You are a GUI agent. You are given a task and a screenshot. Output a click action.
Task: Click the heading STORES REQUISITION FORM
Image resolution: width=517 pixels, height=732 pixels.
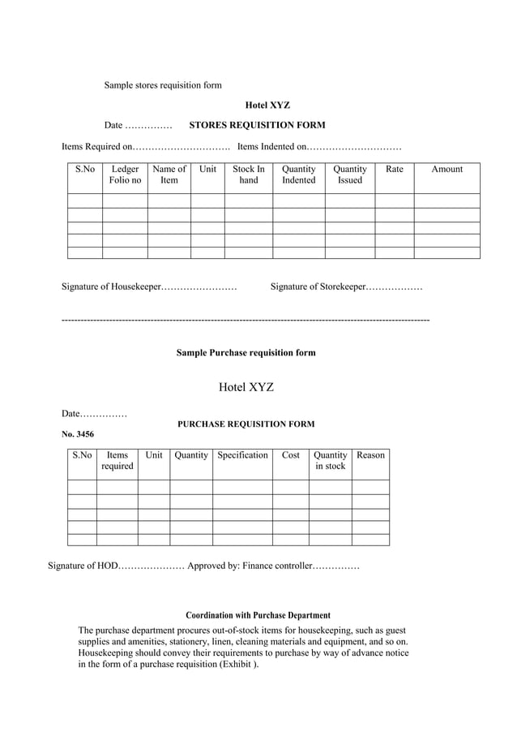pos(257,125)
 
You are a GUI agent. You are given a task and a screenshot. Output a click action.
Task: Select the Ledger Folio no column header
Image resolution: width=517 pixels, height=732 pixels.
pos(125,174)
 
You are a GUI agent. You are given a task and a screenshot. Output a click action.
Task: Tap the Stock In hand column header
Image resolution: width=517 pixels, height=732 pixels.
pos(248,174)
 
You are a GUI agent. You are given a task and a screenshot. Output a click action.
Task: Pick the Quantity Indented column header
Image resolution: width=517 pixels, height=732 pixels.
pos(298,174)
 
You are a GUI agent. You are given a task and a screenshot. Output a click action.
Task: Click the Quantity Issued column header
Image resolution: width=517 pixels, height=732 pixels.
pos(350,174)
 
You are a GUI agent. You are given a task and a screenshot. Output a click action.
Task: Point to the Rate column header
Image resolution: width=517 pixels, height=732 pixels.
pos(394,169)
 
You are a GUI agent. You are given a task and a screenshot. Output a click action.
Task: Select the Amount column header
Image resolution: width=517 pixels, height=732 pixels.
pos(446,169)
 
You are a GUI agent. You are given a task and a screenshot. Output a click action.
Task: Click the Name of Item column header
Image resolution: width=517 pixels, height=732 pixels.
pos(169,174)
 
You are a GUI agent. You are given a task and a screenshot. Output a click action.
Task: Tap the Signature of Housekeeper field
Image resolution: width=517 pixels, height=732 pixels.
pos(199,286)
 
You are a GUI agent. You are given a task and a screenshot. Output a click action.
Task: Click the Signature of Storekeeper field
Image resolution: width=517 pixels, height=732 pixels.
pos(394,286)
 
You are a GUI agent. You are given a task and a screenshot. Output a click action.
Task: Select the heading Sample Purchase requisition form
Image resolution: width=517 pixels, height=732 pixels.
pos(246,352)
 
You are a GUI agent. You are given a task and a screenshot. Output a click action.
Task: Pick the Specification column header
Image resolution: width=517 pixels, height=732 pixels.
pos(242,454)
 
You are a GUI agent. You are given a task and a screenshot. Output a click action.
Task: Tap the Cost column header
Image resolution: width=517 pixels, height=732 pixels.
pos(290,454)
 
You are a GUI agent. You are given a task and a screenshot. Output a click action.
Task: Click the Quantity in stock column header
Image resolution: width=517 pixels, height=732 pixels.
pos(330,460)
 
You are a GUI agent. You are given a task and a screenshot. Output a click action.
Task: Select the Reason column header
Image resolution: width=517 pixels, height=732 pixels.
pos(370,454)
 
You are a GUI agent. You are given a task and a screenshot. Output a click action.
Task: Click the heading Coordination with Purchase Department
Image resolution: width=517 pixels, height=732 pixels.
pos(258,615)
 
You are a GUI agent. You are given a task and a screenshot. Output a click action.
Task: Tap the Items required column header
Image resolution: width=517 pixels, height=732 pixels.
pos(117,460)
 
